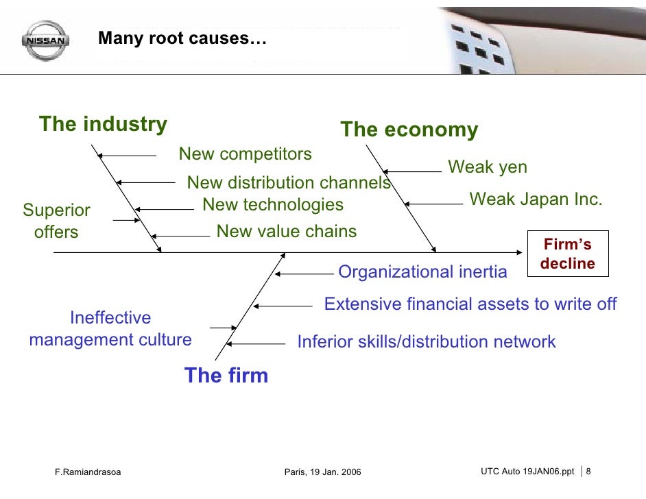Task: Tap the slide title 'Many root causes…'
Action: tap(181, 38)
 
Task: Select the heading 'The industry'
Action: tap(103, 124)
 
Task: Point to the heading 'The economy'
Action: tap(409, 130)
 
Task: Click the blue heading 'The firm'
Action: tap(226, 375)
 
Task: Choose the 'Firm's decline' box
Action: tap(568, 254)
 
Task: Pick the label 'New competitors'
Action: tap(245, 154)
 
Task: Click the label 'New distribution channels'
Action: tap(288, 183)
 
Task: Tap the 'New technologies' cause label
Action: tap(273, 204)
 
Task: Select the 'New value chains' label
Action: tap(287, 231)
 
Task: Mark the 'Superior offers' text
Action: tap(56, 221)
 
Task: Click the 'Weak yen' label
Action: tap(488, 167)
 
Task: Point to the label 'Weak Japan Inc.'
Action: tap(536, 199)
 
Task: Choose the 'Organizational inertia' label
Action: tap(422, 272)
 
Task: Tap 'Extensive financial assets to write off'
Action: tap(470, 304)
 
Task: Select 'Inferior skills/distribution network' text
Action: tap(426, 341)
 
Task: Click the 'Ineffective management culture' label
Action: tap(110, 328)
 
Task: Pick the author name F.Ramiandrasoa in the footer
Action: tap(87, 472)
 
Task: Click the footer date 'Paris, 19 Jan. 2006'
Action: tap(322, 472)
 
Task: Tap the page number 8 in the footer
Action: tap(588, 471)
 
